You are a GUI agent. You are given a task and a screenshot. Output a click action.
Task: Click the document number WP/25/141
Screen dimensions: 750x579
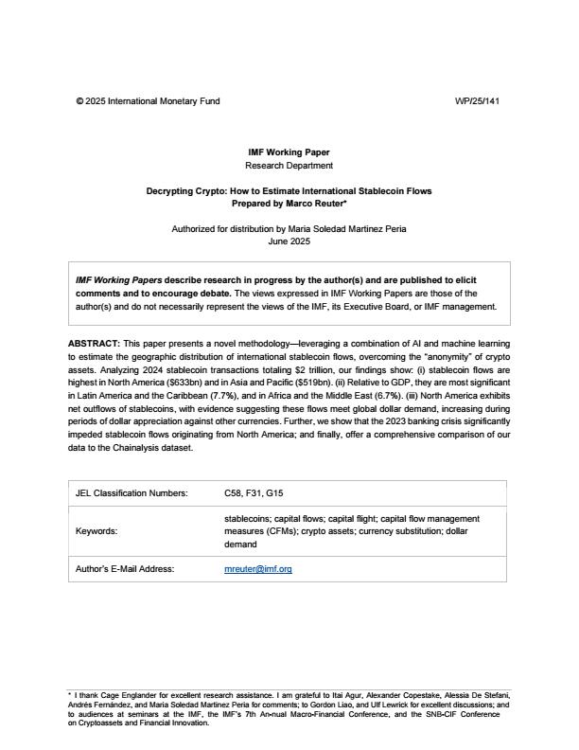(476, 100)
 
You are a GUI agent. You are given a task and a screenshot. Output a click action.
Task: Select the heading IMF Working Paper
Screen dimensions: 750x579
(289, 152)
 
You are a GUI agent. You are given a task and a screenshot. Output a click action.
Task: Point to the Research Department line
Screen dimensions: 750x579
(289, 165)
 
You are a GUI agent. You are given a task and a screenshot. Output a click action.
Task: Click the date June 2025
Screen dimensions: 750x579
(289, 241)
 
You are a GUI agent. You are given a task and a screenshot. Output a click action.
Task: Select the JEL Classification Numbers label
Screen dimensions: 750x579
(132, 492)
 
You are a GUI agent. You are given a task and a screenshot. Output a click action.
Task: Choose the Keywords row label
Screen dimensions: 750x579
(96, 531)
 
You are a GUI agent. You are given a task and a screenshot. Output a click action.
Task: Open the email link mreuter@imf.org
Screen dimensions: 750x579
(258, 569)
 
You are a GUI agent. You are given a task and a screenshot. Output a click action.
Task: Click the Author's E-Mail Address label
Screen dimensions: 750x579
(132, 569)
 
